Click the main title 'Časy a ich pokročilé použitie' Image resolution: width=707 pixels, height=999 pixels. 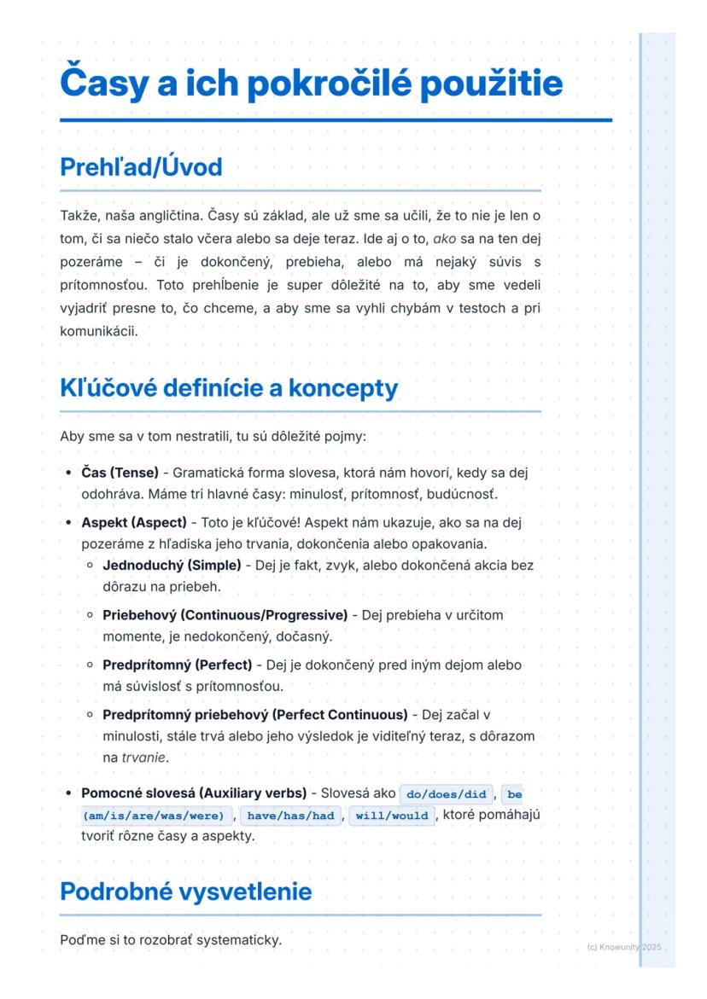point(312,84)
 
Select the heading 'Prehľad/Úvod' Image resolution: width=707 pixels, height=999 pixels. point(141,166)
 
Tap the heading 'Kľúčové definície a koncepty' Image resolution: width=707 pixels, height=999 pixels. point(229,388)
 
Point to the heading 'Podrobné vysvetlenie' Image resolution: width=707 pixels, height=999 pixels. point(185,892)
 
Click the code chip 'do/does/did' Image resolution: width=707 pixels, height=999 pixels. point(447,794)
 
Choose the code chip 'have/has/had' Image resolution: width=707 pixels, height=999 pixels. point(290,816)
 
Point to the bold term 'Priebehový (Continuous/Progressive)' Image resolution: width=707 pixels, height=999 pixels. point(225,614)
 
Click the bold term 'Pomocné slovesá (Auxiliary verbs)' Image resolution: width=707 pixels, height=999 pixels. point(194,793)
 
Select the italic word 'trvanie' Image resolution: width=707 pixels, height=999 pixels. point(143,758)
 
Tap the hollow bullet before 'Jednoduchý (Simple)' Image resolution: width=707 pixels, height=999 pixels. point(90,566)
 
